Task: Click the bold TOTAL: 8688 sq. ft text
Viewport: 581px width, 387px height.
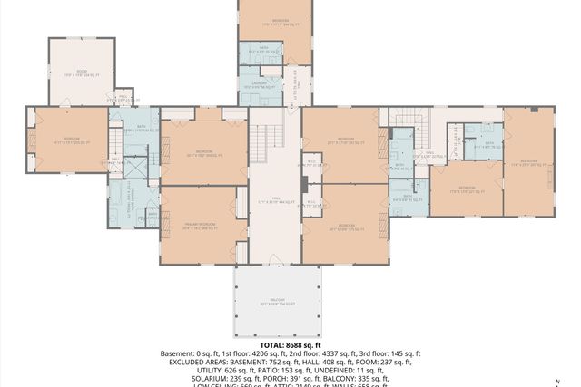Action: [x=290, y=345]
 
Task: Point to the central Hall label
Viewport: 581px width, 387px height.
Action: [x=274, y=201]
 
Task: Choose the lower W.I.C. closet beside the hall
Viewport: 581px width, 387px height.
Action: [x=311, y=204]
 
